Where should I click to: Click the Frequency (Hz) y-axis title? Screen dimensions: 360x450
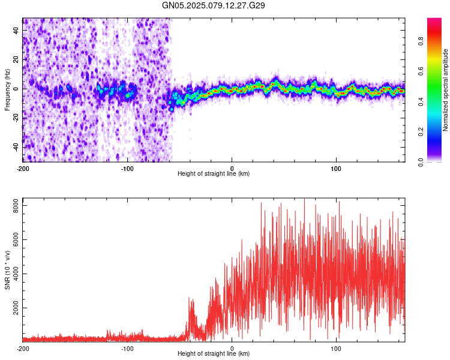pos(7,89)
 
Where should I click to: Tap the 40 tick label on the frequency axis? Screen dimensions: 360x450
pos(16,30)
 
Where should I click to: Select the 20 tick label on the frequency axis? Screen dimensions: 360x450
pos(16,59)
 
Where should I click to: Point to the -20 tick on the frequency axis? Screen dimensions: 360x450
pos(14,118)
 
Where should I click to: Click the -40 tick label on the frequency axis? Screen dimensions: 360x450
pos(14,147)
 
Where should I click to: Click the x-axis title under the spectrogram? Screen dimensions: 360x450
pos(214,174)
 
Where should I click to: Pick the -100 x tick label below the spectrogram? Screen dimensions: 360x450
pos(127,167)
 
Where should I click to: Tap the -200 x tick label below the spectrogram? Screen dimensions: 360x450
pos(23,167)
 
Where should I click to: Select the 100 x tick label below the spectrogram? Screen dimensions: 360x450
pos(337,167)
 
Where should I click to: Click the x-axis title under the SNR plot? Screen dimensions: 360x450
pos(214,354)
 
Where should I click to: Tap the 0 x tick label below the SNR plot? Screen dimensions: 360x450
pos(232,348)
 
